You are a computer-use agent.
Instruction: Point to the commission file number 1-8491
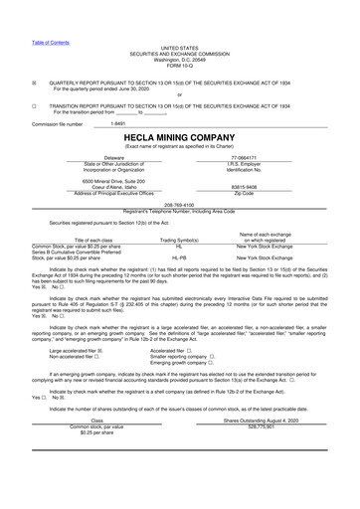118,124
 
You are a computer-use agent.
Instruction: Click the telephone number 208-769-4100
179,204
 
